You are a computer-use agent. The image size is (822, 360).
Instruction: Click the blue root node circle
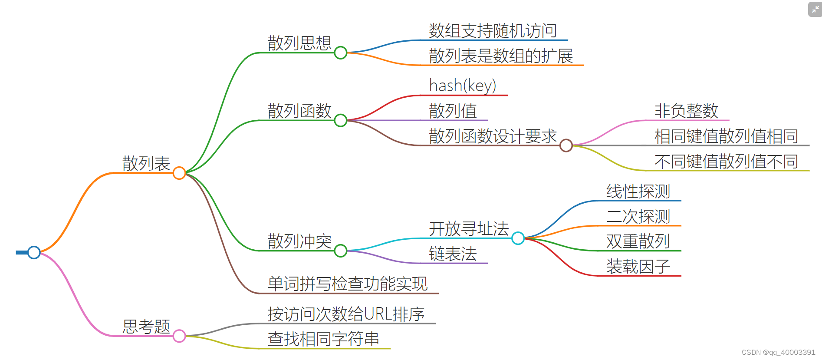pyautogui.click(x=34, y=252)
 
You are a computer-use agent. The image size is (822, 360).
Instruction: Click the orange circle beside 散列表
pyautogui.click(x=179, y=173)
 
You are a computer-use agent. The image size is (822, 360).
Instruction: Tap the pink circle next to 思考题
pyautogui.click(x=179, y=336)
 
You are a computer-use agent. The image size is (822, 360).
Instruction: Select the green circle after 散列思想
pyautogui.click(x=341, y=53)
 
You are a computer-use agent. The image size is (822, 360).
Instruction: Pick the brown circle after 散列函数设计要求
pyautogui.click(x=566, y=145)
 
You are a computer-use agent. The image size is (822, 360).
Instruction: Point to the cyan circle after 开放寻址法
pyautogui.click(x=518, y=238)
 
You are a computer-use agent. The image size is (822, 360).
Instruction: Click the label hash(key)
pyautogui.click(x=462, y=86)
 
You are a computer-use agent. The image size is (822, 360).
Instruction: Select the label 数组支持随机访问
pyautogui.click(x=493, y=31)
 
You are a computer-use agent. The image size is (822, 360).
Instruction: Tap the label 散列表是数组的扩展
pyautogui.click(x=501, y=56)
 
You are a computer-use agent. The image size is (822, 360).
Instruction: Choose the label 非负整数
pyautogui.click(x=686, y=111)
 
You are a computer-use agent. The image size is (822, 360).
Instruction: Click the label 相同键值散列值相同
pyautogui.click(x=726, y=136)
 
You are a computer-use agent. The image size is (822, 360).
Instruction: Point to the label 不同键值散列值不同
pyautogui.click(x=726, y=162)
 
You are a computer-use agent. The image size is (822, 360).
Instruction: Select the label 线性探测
pyautogui.click(x=638, y=191)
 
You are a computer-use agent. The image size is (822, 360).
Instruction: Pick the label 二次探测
pyautogui.click(x=638, y=216)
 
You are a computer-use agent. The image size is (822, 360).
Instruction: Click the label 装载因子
pyautogui.click(x=638, y=266)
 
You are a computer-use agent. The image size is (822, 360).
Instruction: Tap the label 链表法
pyautogui.click(x=453, y=254)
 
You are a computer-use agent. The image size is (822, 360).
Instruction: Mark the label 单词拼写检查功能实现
pyautogui.click(x=348, y=284)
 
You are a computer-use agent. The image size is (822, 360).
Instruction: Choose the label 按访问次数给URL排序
pyautogui.click(x=346, y=314)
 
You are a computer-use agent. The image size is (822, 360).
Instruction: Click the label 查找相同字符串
pyautogui.click(x=323, y=339)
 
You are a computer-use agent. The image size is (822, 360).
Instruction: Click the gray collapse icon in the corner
pyautogui.click(x=815, y=9)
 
